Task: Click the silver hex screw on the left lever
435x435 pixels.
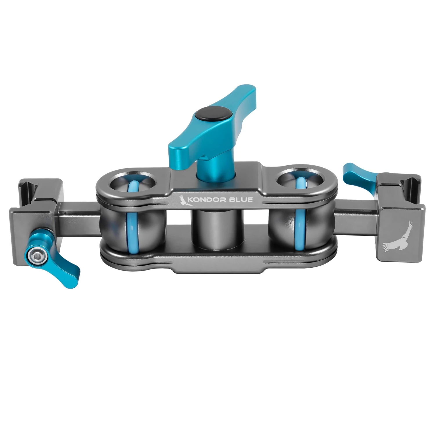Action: click(36, 255)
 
